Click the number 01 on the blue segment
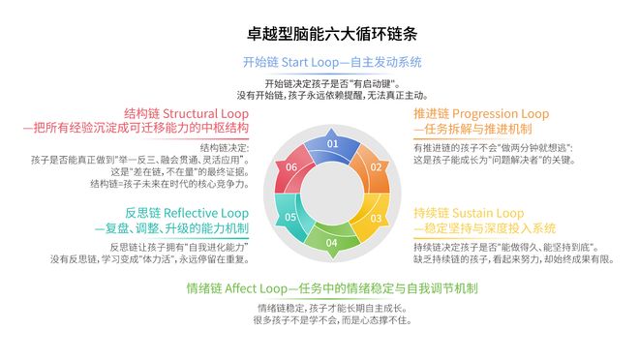[332, 143]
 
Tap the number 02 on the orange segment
[375, 167]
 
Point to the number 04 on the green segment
[332, 242]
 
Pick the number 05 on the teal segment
[290, 217]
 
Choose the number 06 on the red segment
[290, 167]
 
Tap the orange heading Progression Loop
[480, 113]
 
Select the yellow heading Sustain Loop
[467, 213]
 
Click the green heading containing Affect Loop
[332, 288]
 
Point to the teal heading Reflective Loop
[172, 213]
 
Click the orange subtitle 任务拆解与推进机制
[472, 129]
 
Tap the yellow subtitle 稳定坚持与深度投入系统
[484, 228]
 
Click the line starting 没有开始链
[332, 95]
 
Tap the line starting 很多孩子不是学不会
[332, 320]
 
